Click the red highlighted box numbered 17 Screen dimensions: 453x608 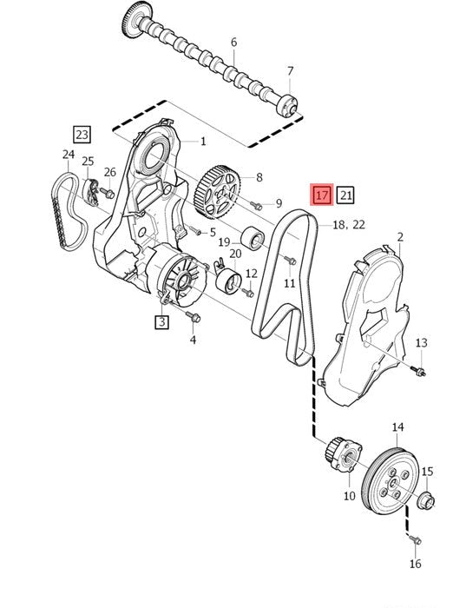(x=322, y=195)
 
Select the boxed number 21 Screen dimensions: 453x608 (x=345, y=195)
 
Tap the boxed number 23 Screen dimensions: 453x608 (x=82, y=135)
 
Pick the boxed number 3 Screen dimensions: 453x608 (x=161, y=321)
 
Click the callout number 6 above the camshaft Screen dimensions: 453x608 (x=233, y=42)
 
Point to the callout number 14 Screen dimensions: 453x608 (x=397, y=427)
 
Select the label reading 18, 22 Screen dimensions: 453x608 (x=349, y=224)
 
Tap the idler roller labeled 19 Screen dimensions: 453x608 (x=253, y=238)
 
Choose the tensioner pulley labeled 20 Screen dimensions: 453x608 (x=228, y=280)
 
